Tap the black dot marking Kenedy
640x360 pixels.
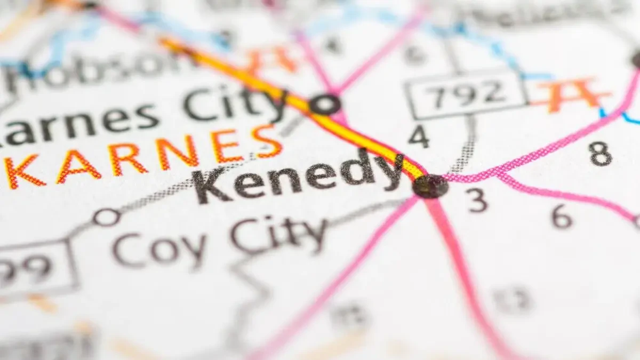(430, 186)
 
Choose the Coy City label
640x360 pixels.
(219, 243)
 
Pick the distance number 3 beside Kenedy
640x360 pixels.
(478, 200)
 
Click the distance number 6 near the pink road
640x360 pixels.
(562, 217)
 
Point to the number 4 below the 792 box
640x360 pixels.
(419, 137)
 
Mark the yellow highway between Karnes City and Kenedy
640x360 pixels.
(368, 139)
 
